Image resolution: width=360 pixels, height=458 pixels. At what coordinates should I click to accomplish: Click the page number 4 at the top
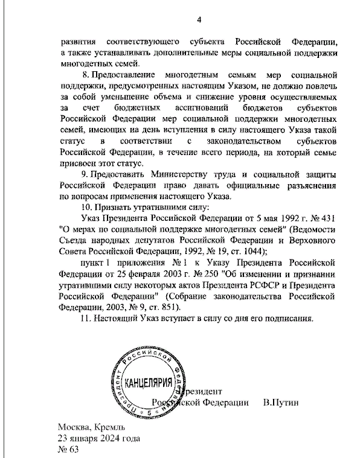click(198, 22)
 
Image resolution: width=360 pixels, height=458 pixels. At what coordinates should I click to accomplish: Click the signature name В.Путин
click(281, 402)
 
